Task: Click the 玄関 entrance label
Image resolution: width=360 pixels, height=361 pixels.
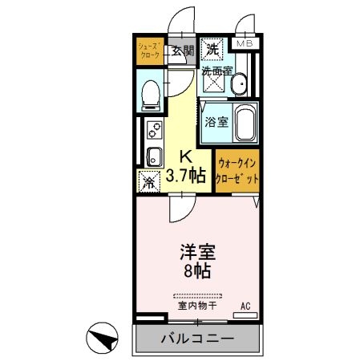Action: (183, 51)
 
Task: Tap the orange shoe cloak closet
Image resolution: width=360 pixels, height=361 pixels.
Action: (148, 51)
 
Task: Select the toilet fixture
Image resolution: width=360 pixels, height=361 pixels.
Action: (148, 94)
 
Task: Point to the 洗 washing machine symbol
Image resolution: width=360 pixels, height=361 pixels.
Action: (212, 50)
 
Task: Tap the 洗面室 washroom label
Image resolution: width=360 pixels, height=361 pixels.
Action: (216, 71)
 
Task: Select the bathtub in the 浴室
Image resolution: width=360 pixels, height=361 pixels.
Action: (244, 124)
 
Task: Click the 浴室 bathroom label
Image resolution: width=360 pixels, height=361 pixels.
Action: (216, 123)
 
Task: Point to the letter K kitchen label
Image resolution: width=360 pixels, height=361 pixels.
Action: (184, 156)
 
